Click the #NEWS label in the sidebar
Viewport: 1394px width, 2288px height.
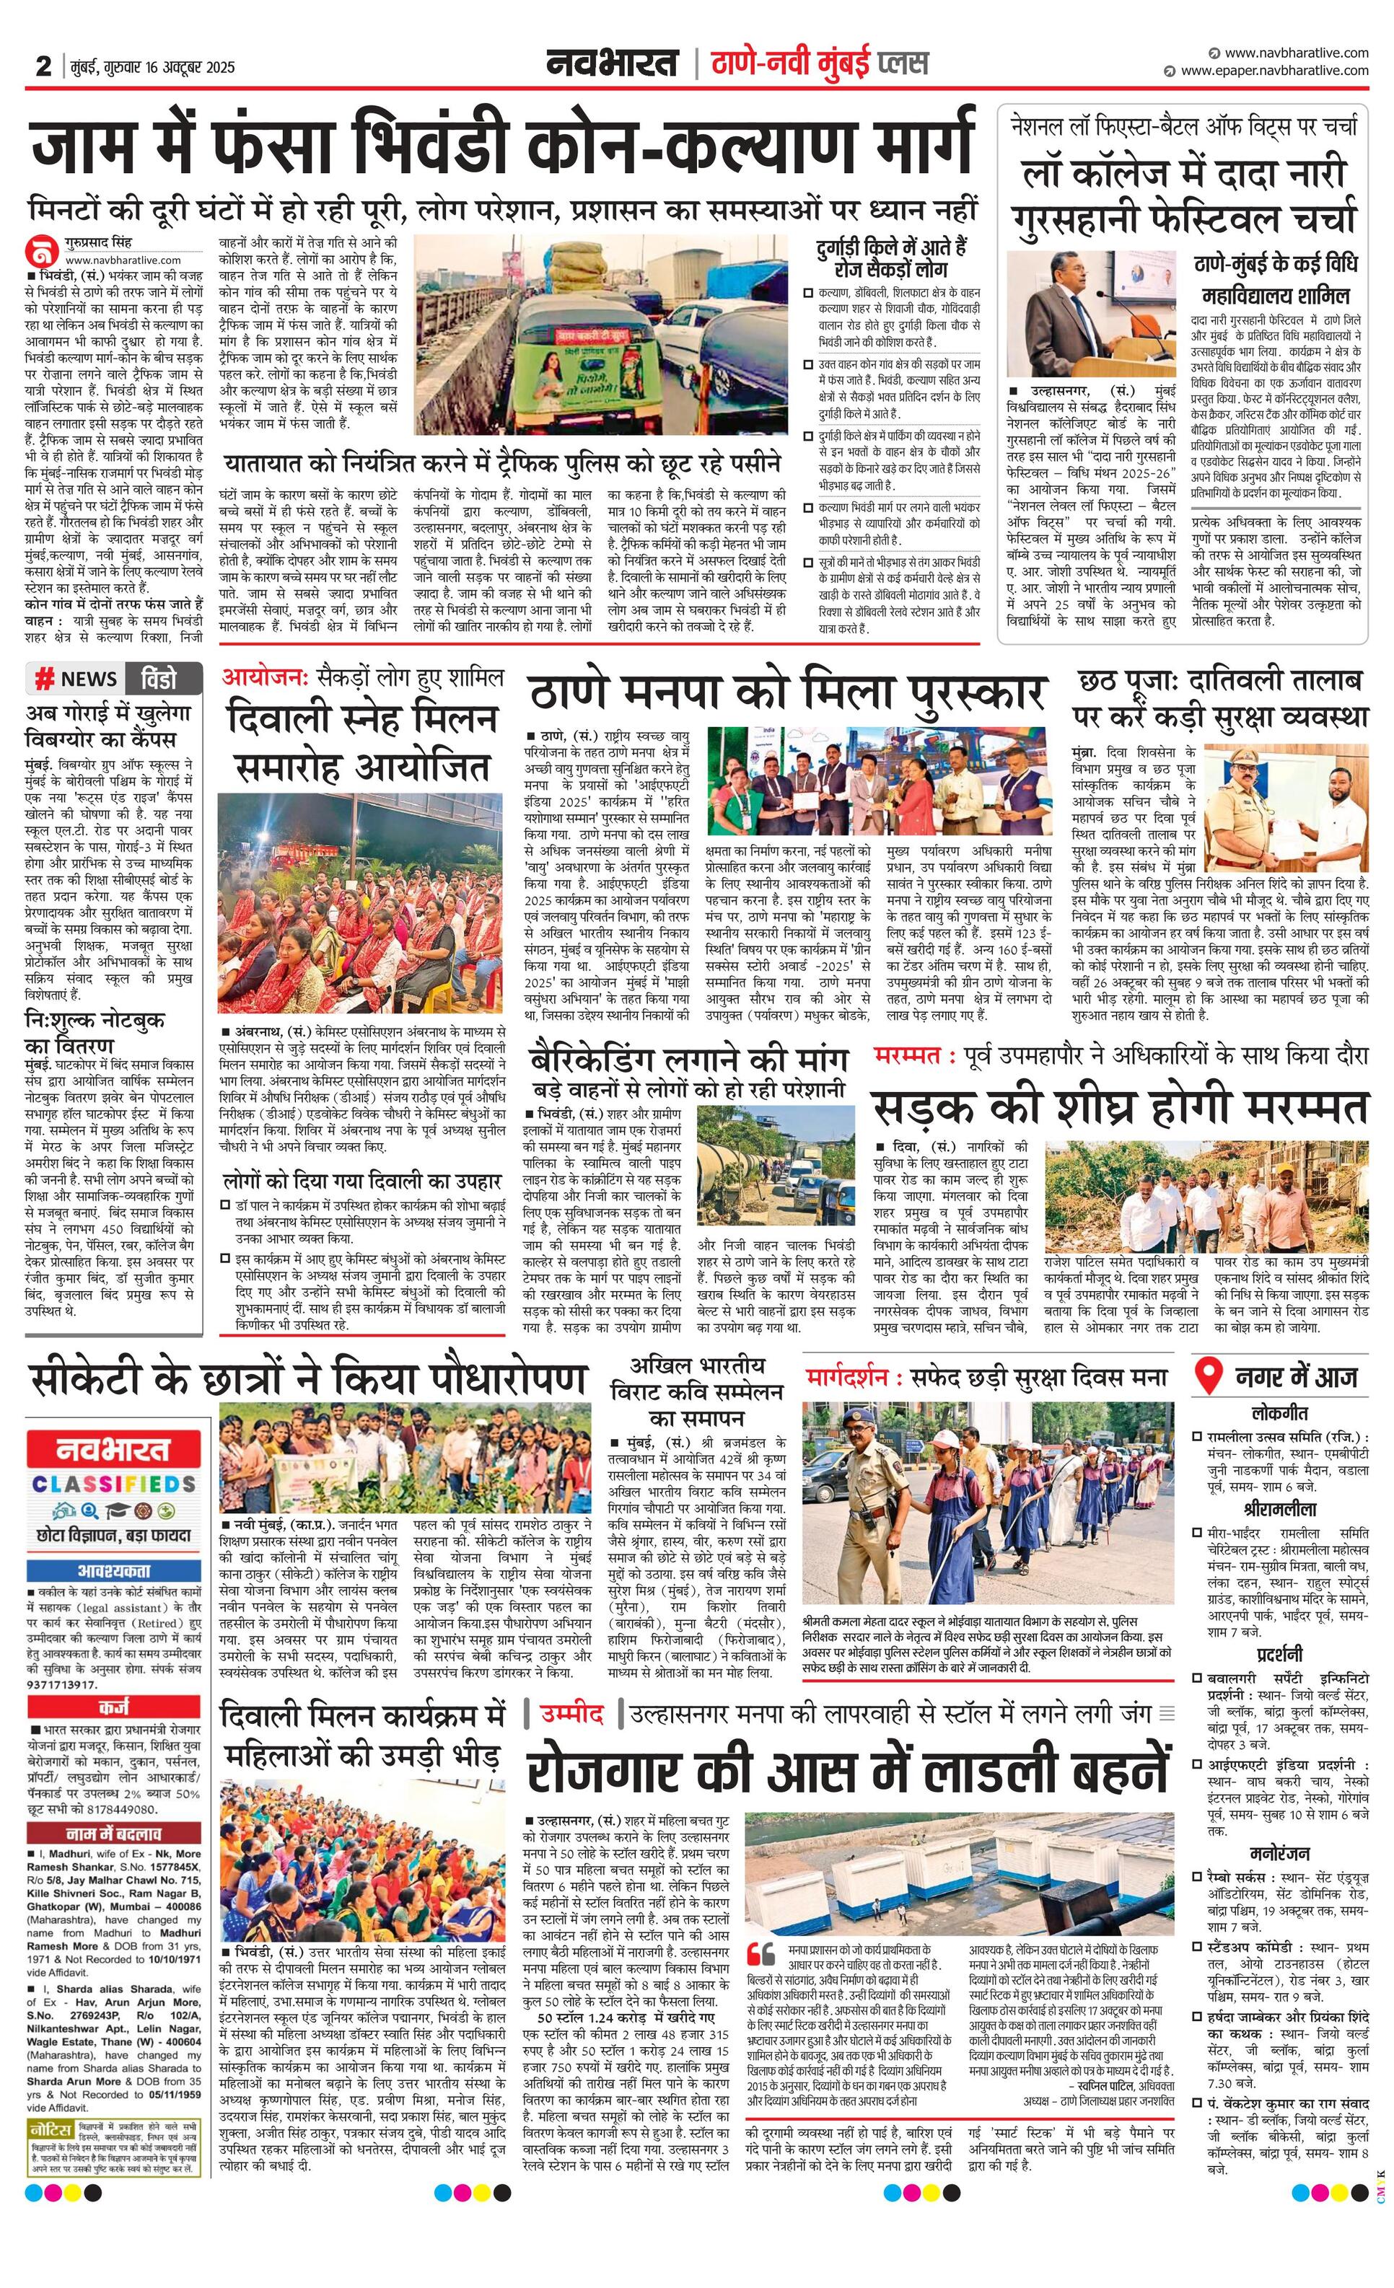point(76,679)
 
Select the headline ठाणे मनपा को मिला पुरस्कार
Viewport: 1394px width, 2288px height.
point(787,694)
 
